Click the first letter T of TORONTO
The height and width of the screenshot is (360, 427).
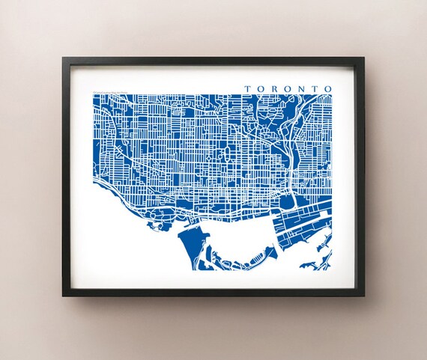[x=247, y=88]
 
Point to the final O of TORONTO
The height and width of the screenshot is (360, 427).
[x=328, y=88]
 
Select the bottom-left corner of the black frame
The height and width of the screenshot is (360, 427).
[x=64, y=295]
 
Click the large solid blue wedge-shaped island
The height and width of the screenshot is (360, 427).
[x=190, y=247]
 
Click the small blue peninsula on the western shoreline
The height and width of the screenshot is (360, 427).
[x=158, y=217]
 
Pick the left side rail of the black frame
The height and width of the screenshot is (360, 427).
[x=67, y=177]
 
